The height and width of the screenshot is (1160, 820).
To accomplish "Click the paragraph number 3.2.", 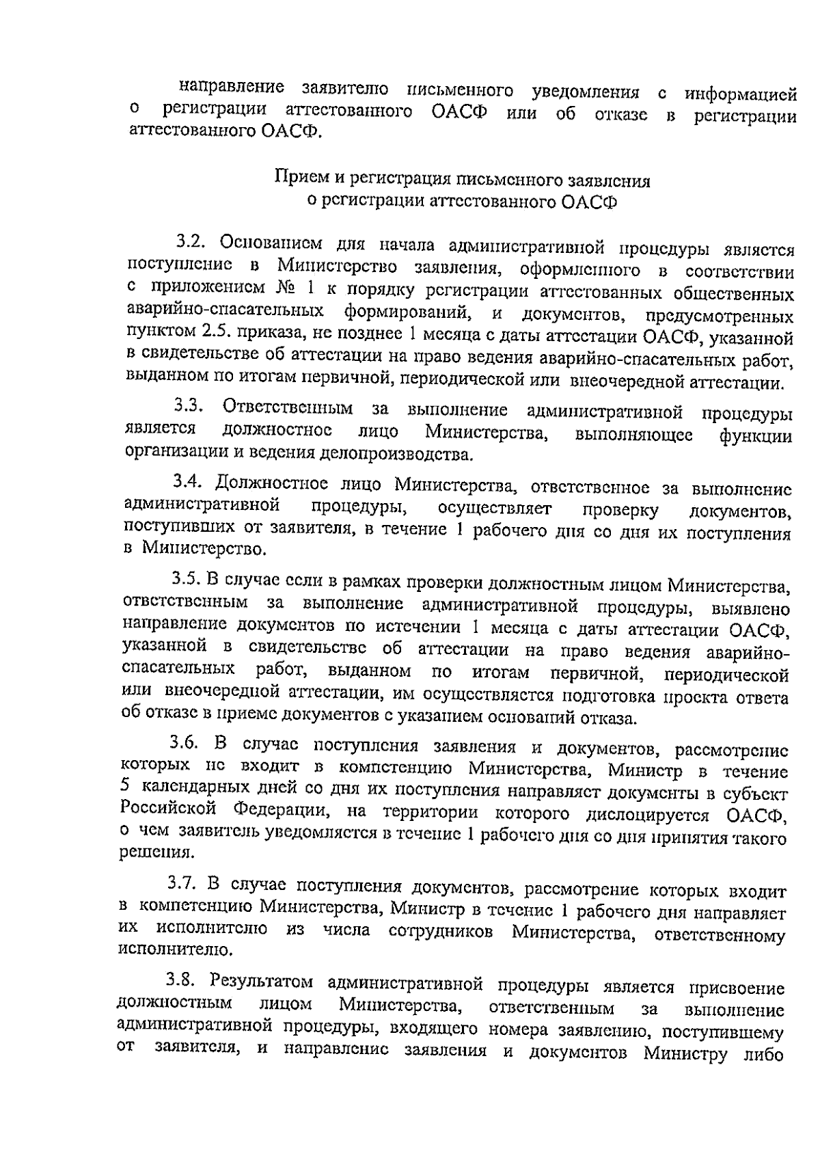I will pos(191,242).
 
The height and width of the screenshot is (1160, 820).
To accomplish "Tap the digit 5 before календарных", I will pos(124,787).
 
